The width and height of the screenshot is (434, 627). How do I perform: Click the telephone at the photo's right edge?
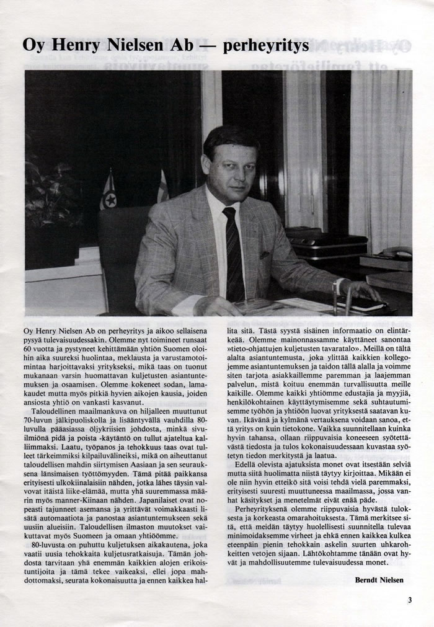(396, 252)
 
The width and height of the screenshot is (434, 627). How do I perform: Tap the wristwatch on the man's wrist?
(337, 286)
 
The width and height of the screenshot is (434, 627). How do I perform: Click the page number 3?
(410, 600)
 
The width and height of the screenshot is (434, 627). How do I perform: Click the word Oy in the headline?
(33, 46)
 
